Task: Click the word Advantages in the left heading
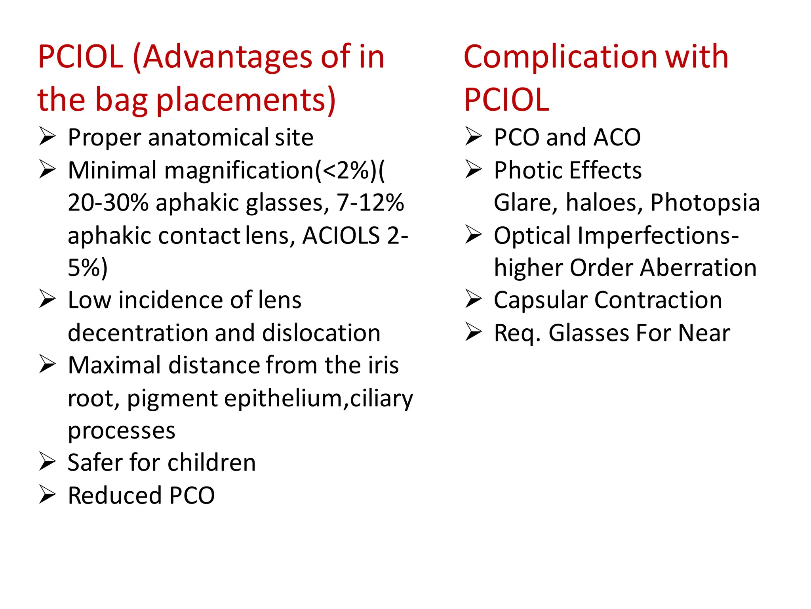tap(228, 57)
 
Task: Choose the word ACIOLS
tap(341, 236)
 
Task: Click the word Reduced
tap(115, 496)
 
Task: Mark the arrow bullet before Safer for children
tap(47, 462)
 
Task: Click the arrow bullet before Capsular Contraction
tap(473, 300)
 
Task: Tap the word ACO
tap(617, 138)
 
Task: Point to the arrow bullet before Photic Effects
tap(473, 170)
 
